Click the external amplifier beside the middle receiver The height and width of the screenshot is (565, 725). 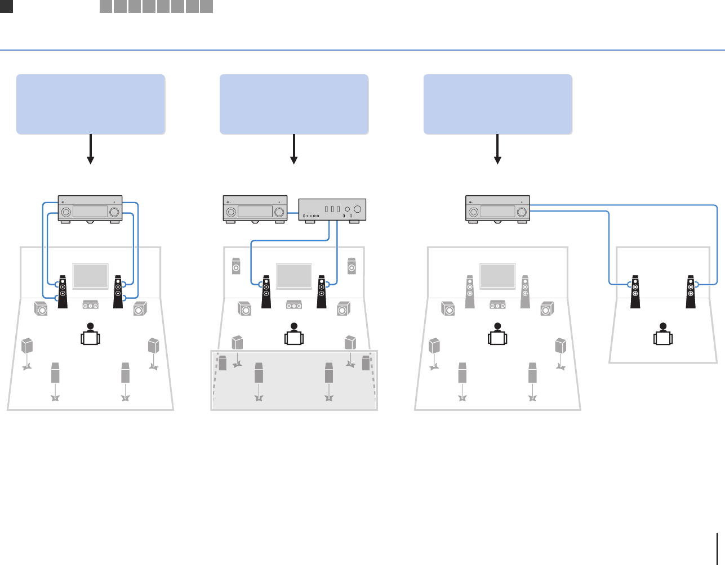tap(332, 210)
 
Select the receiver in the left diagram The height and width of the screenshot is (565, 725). tap(90, 209)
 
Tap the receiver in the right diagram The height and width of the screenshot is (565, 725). tap(497, 209)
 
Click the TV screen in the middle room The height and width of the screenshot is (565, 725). tap(294, 276)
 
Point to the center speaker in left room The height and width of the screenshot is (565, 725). tap(91, 304)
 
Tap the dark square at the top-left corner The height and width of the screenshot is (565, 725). tap(6, 6)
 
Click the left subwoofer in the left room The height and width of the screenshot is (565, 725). tap(41, 308)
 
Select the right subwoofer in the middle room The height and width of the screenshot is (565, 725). tap(344, 308)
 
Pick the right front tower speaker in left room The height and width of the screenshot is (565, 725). tap(118, 291)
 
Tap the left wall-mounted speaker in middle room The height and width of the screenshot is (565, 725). tap(237, 266)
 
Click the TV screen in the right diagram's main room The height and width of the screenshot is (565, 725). tap(497, 276)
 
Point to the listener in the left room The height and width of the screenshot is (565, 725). tap(91, 334)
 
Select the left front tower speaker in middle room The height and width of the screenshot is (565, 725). tap(266, 291)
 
